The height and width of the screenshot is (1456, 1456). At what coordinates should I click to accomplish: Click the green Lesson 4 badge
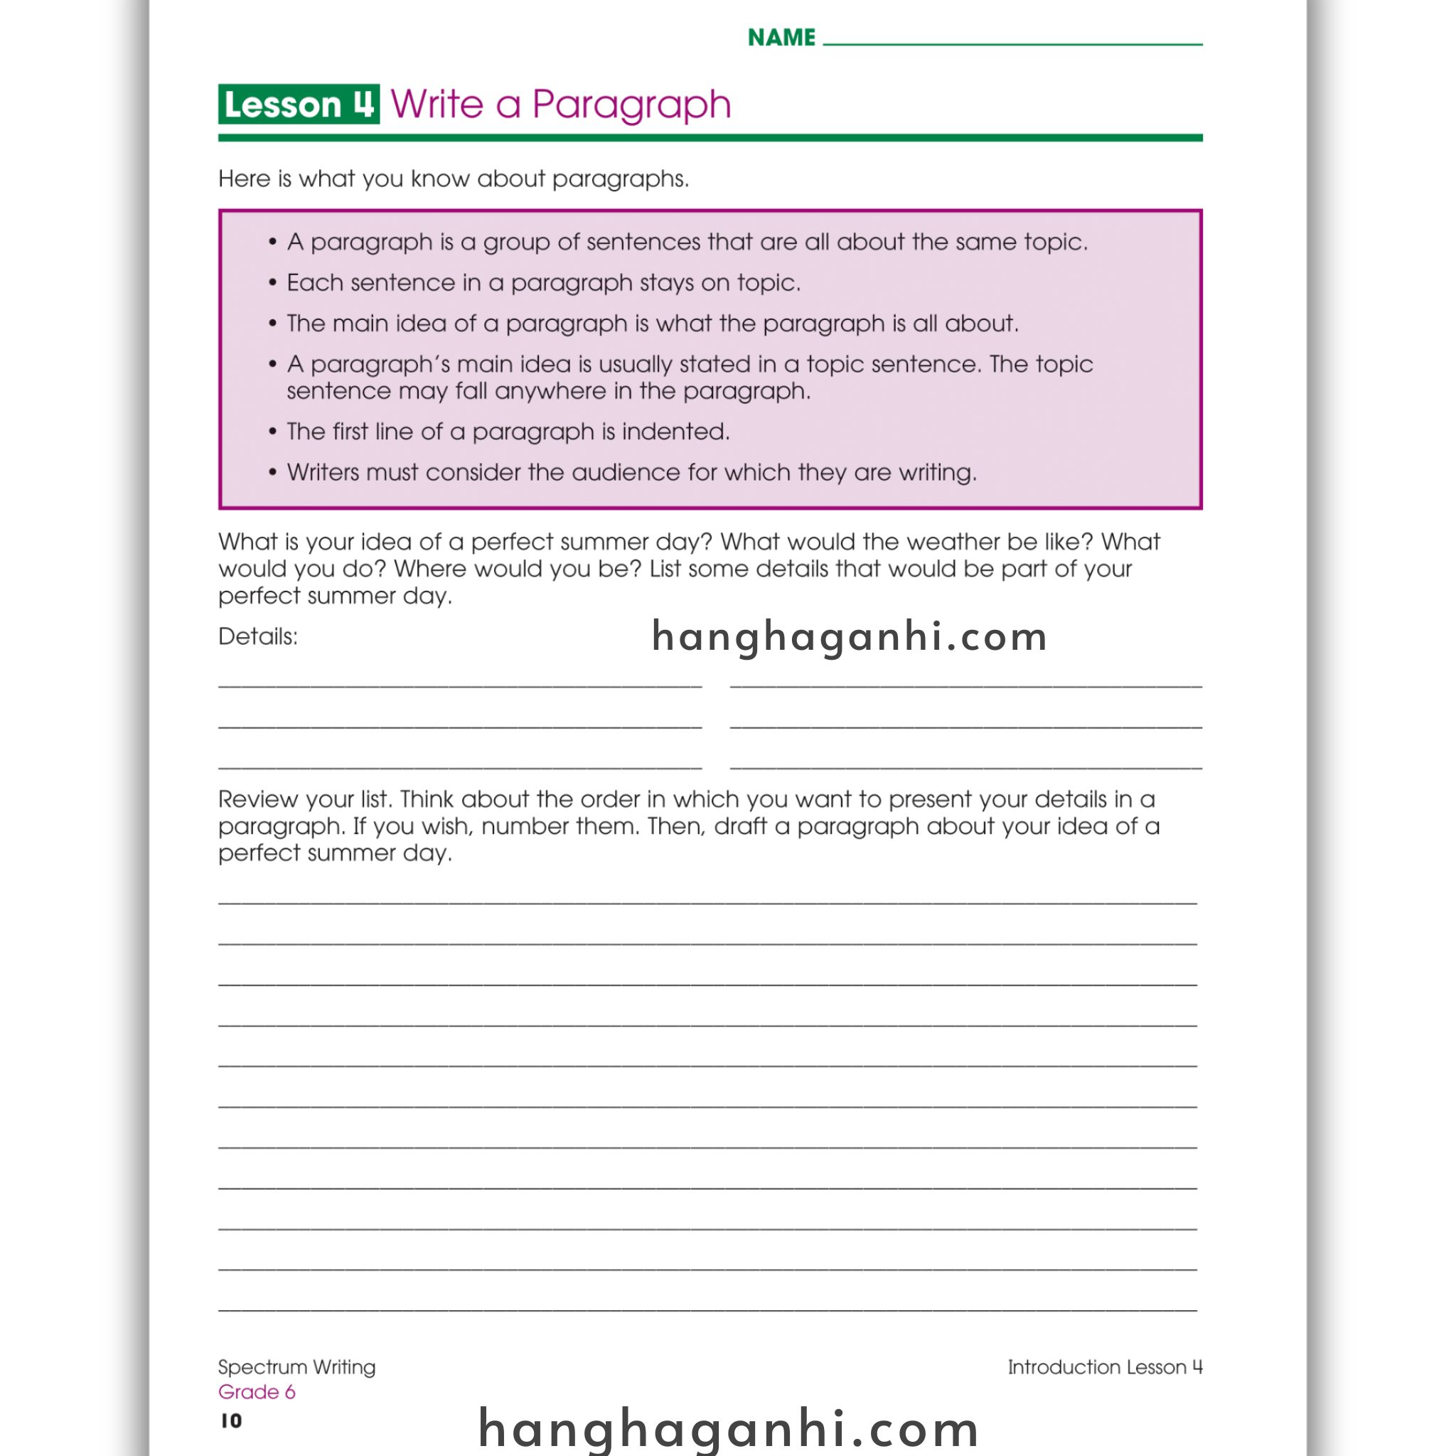pyautogui.click(x=299, y=104)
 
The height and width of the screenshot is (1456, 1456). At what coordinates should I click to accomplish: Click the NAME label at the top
pyautogui.click(x=781, y=38)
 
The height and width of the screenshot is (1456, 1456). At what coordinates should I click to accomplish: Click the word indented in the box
pyautogui.click(x=675, y=432)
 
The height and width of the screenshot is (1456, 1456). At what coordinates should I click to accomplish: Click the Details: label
pyautogui.click(x=258, y=637)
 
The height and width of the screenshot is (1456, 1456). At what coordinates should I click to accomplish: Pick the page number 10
pyautogui.click(x=231, y=1420)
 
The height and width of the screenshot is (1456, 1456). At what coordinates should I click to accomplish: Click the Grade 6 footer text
pyautogui.click(x=256, y=1392)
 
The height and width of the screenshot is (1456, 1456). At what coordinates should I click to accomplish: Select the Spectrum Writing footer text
pyautogui.click(x=296, y=1367)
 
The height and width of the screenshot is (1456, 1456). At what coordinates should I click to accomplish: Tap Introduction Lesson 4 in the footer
pyautogui.click(x=1105, y=1367)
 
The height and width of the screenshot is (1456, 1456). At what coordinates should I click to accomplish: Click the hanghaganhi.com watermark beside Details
pyautogui.click(x=850, y=637)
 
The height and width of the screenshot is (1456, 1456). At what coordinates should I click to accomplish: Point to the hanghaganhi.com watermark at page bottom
pyautogui.click(x=728, y=1428)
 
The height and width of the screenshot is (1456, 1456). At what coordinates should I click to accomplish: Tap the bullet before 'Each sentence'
pyautogui.click(x=273, y=283)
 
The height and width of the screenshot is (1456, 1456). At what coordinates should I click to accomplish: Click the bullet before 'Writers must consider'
pyautogui.click(x=273, y=473)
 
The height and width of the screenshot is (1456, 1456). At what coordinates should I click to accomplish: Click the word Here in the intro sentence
pyautogui.click(x=244, y=178)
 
